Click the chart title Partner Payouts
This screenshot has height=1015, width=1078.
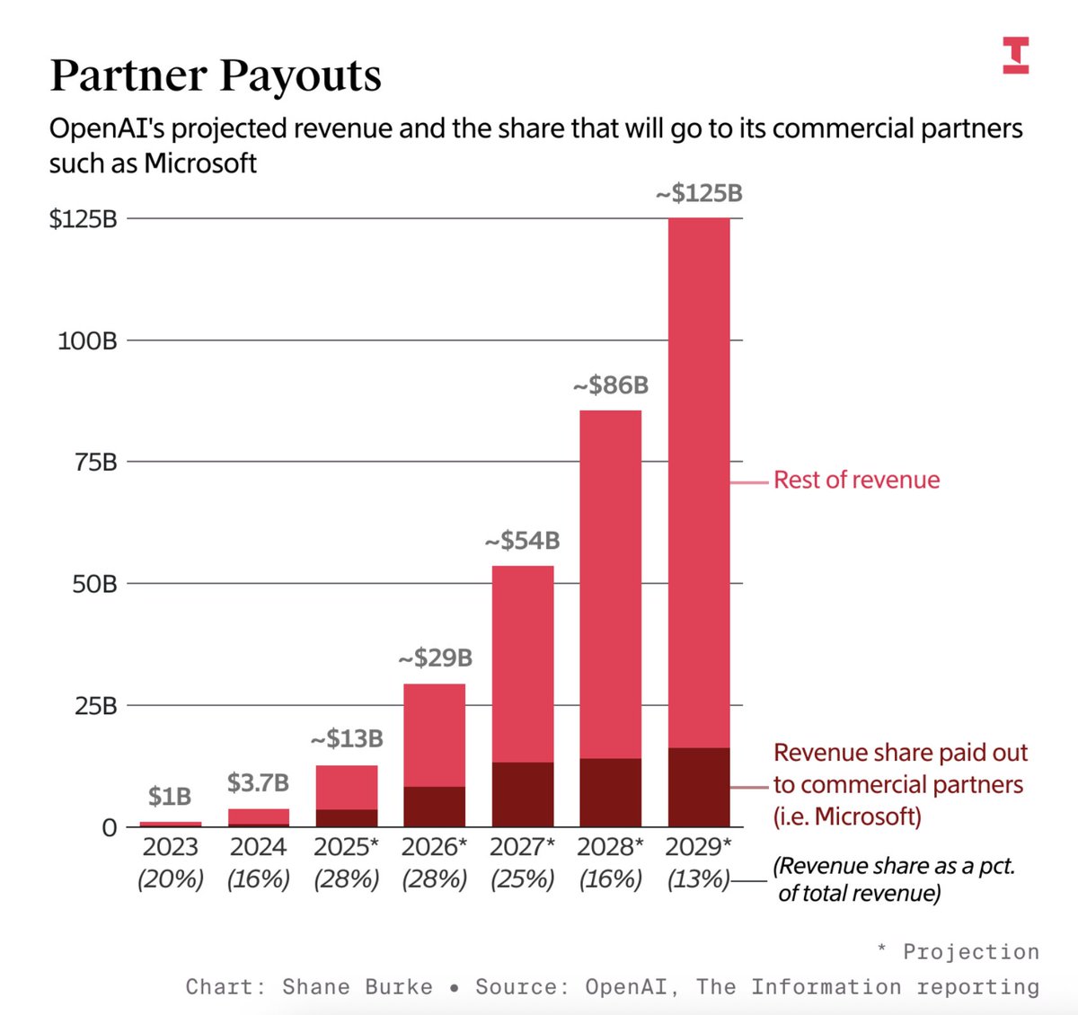click(x=216, y=75)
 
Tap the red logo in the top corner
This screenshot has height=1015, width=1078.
click(x=1015, y=56)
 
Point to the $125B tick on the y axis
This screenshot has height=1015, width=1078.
click(x=84, y=219)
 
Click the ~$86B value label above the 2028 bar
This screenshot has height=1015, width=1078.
click(x=611, y=385)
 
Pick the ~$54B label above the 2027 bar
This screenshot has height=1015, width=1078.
click(x=522, y=541)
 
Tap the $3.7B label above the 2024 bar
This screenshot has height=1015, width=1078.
click(x=258, y=783)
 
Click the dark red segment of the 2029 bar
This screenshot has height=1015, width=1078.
click(x=699, y=787)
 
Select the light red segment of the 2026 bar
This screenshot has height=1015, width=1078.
click(x=435, y=735)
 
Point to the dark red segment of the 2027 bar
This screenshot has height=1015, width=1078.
click(x=523, y=794)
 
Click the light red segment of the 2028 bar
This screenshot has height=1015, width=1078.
click(x=611, y=584)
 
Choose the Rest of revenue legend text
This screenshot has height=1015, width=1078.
click(x=856, y=481)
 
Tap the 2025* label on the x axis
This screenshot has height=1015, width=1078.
click(x=346, y=847)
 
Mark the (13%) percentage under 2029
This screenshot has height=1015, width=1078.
click(x=698, y=878)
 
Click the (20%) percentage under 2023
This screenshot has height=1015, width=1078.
click(x=171, y=878)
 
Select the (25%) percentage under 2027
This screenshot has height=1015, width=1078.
click(x=522, y=878)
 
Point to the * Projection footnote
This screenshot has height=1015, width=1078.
click(x=958, y=952)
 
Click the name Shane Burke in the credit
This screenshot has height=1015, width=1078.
click(x=357, y=987)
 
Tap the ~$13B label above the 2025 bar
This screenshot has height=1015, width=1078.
click(x=347, y=739)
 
